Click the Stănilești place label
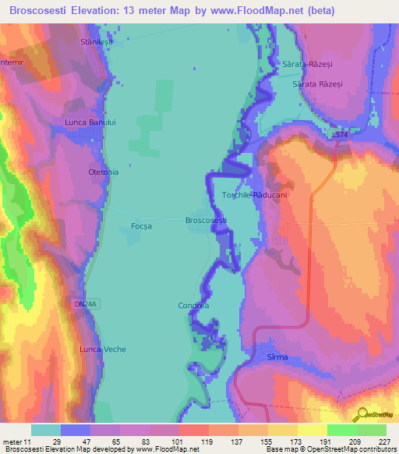click(97, 41)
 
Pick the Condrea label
click(193, 306)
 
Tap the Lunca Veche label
click(104, 349)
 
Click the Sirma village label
click(277, 357)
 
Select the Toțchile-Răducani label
click(255, 195)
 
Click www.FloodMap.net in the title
click(279, 9)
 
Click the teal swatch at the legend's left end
click(46, 430)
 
